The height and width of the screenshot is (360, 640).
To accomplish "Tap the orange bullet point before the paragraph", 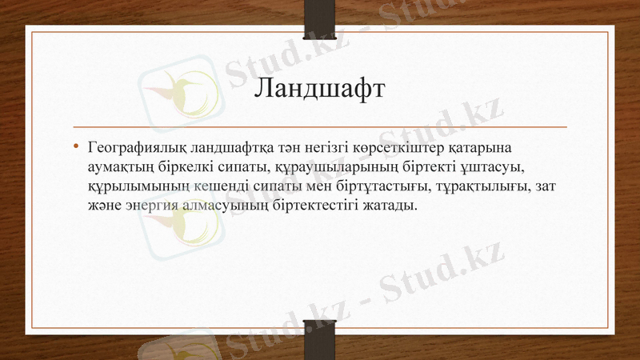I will [75, 147].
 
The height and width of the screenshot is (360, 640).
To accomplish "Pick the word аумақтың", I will [120, 167].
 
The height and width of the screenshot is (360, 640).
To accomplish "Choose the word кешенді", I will [211, 186].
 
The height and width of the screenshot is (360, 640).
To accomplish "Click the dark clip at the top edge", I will [319, 18].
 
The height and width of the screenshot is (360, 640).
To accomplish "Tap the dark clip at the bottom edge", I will [319, 339].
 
